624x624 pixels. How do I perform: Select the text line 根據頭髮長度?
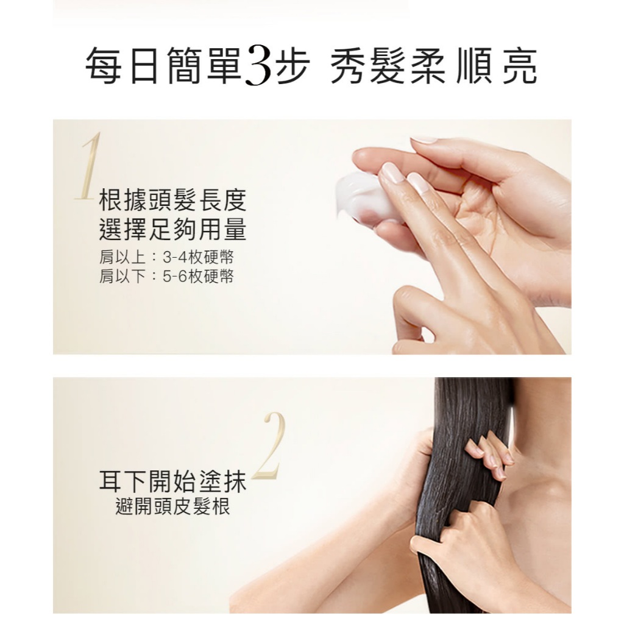[172, 200]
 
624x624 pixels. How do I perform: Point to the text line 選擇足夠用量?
[172, 230]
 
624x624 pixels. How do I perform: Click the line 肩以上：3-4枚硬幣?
[166, 258]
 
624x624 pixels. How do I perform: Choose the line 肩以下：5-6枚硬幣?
[166, 277]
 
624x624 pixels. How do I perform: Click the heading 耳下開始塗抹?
[172, 481]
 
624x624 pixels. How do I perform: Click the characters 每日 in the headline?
[122, 66]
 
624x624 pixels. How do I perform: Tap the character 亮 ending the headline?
[520, 66]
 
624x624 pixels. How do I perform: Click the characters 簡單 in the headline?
[204, 66]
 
